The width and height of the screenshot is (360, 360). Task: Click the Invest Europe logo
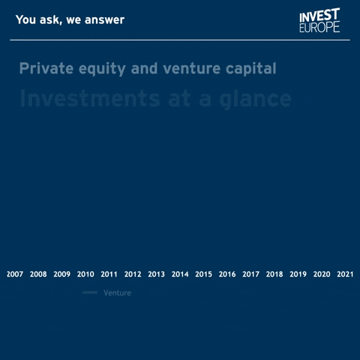pyautogui.click(x=319, y=20)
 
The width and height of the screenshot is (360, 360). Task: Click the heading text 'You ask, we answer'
pyautogui.click(x=70, y=19)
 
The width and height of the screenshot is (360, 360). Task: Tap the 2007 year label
pyautogui.click(x=15, y=274)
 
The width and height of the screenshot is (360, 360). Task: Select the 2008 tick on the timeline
pyautogui.click(x=38, y=274)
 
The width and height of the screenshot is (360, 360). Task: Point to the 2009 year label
pyautogui.click(x=62, y=274)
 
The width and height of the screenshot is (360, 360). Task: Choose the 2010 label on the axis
pyautogui.click(x=85, y=274)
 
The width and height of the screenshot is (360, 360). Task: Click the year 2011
pyautogui.click(x=109, y=274)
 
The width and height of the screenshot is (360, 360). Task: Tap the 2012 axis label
pyautogui.click(x=133, y=274)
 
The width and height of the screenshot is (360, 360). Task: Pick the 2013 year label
pyautogui.click(x=157, y=274)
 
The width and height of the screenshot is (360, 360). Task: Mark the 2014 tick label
pyautogui.click(x=180, y=274)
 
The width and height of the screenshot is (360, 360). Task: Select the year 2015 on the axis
pyautogui.click(x=204, y=274)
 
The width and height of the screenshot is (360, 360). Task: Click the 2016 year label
pyautogui.click(x=227, y=274)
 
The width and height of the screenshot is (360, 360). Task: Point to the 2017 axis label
pyautogui.click(x=251, y=274)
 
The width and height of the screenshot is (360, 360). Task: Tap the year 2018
pyautogui.click(x=274, y=274)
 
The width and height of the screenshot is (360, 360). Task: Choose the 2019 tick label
pyautogui.click(x=298, y=274)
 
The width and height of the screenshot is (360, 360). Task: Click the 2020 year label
pyautogui.click(x=322, y=274)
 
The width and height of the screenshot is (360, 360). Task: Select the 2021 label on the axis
pyautogui.click(x=345, y=274)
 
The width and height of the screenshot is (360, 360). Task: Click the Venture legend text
pyautogui.click(x=117, y=293)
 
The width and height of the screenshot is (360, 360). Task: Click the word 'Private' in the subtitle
pyautogui.click(x=44, y=69)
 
